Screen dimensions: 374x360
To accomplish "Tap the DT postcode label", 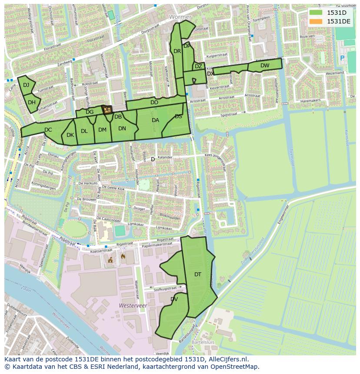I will click(198, 274).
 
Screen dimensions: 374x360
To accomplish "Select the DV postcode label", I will click(174, 299).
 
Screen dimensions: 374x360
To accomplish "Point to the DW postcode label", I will click(265, 66).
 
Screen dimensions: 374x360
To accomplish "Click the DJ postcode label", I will click(26, 85).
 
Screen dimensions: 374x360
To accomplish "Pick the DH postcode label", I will click(32, 103).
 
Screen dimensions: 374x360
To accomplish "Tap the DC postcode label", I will click(48, 129).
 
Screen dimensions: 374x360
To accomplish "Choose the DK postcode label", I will click(70, 135).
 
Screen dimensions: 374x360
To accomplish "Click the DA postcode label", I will click(155, 120).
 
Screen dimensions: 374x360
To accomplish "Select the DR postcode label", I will click(177, 51).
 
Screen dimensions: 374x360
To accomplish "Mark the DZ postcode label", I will click(198, 66).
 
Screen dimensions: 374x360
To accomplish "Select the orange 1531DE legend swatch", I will click(316, 21).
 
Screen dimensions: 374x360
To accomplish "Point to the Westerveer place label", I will click(133, 306).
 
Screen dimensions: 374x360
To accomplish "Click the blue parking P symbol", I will click(342, 58).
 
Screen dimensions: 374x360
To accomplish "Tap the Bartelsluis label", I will click(205, 343).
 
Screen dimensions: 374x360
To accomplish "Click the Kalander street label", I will click(165, 157).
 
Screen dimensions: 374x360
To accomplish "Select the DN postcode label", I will click(122, 129).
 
